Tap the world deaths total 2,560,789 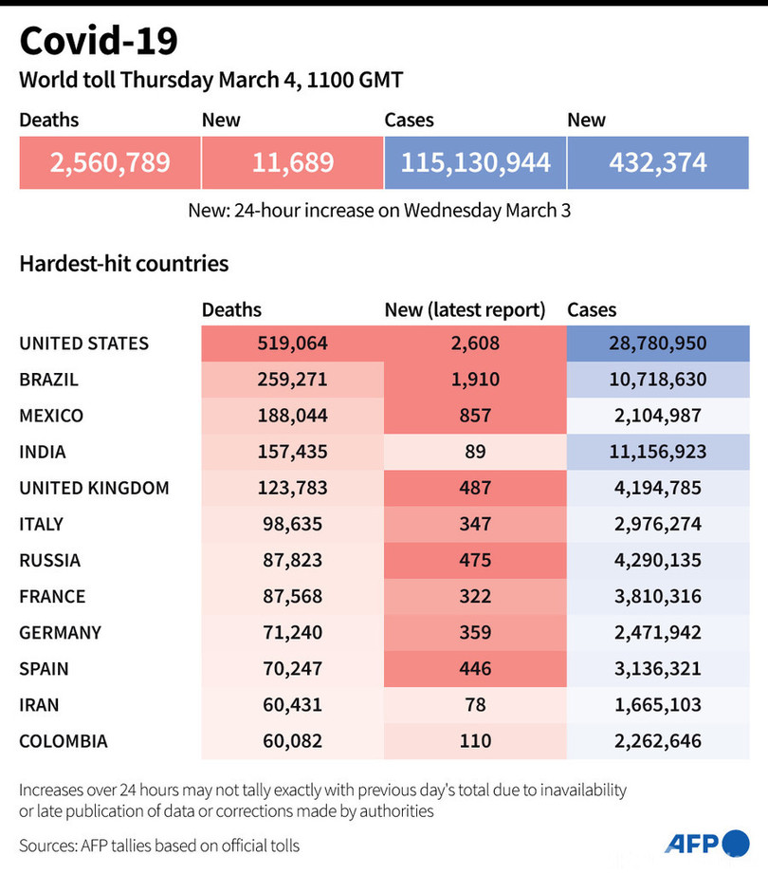tap(110, 162)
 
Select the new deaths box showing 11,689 tap(293, 162)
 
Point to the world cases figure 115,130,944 tap(475, 162)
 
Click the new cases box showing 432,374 tap(658, 162)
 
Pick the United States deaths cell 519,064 tap(292, 344)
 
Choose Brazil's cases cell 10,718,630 tap(658, 380)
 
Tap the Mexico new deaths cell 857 tap(474, 416)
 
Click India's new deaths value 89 tap(474, 452)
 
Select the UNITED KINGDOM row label tap(94, 488)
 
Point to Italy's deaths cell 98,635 tap(292, 524)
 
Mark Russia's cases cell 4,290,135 tap(658, 560)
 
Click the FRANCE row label tap(52, 596)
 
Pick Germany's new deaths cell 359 tap(474, 632)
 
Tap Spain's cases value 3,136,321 tap(658, 668)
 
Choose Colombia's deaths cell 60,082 tap(292, 740)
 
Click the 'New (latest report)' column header tap(465, 309)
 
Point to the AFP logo tap(706, 843)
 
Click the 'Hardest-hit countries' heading tap(124, 263)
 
